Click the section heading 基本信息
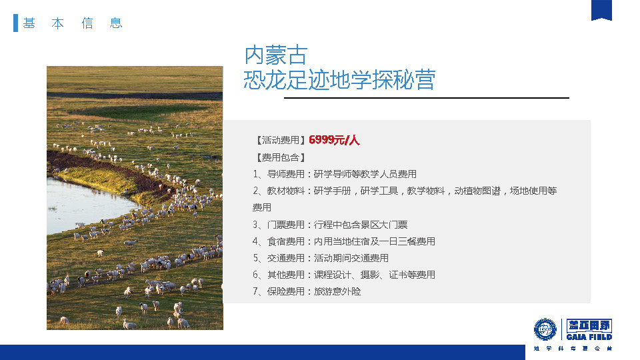tap(73, 23)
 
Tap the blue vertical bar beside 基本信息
tap(15, 23)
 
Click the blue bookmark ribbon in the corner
tap(601, 10)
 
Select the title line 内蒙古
tap(276, 55)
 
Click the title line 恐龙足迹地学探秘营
tap(339, 79)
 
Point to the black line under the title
tap(427, 98)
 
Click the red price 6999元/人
tap(334, 141)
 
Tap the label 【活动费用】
tap(281, 141)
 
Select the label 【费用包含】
tap(281, 157)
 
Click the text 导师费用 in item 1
tap(286, 174)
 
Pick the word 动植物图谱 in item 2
tap(477, 191)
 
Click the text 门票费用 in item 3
tap(286, 225)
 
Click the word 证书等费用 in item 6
tap(412, 275)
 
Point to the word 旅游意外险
tap(337, 292)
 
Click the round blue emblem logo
tap(545, 329)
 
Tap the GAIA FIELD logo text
tap(589, 337)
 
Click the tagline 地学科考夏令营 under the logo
tap(573, 349)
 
